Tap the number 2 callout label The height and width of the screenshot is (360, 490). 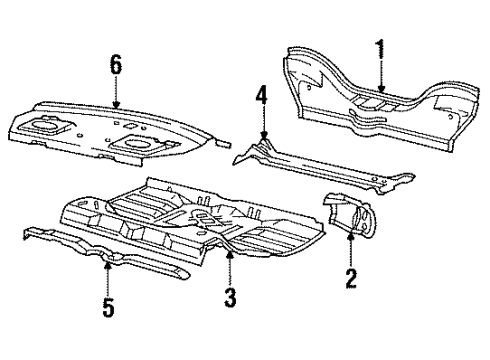coord(349,278)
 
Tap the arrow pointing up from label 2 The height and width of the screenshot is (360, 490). coord(349,250)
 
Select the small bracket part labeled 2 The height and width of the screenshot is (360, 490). coord(345,216)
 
